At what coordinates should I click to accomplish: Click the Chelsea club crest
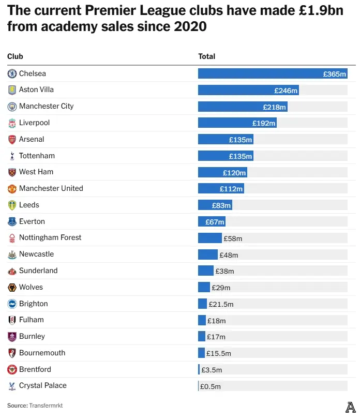point(12,73)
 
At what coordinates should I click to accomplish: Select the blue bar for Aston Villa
point(248,91)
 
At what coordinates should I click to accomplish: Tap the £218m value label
point(274,107)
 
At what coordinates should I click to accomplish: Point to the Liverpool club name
point(34,123)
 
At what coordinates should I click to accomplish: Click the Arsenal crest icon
point(12,139)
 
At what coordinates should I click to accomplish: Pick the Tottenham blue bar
point(225,156)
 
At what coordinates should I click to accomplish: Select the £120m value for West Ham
point(234,173)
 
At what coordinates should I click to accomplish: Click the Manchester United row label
point(51,188)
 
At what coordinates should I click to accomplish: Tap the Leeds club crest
point(12,205)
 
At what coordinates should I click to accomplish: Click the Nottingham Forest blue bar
point(209,238)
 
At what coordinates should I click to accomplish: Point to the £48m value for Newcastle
point(229,255)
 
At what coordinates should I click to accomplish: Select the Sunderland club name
point(38,271)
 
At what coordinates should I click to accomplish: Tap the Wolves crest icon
point(12,287)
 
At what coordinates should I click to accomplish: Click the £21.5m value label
point(221,304)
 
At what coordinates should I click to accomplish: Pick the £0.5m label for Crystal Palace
point(211,386)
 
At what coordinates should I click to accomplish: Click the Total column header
point(207,56)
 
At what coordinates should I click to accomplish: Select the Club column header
point(15,56)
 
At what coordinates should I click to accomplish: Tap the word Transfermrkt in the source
point(49,406)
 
